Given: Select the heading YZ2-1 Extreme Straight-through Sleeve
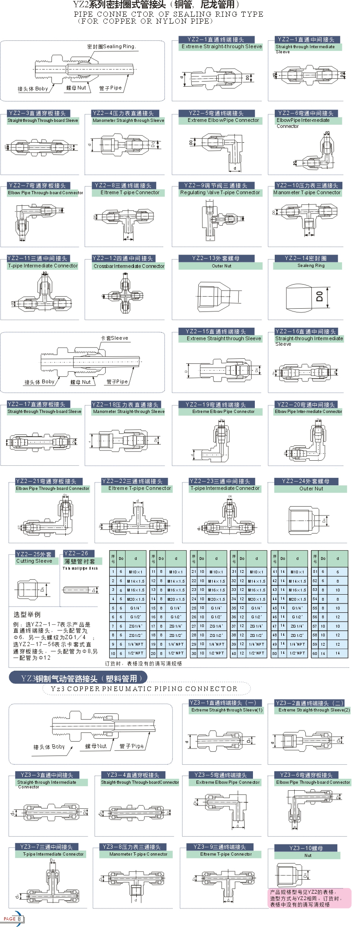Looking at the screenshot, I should coord(221,43).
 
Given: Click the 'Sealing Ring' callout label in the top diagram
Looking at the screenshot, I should coord(111,47).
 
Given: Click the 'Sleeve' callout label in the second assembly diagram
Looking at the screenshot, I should coord(114,338).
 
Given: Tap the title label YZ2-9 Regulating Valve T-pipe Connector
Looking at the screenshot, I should coord(220,189).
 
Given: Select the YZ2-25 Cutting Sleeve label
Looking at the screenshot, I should coord(35,558).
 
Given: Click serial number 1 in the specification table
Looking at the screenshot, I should coord(113,572).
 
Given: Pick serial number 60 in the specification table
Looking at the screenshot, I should coord(315,653).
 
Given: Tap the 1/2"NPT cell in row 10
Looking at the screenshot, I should coord(136,653).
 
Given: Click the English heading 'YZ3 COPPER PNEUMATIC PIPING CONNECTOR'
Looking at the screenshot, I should coord(144,689).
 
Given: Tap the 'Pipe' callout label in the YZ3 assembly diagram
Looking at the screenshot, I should coord(132,746).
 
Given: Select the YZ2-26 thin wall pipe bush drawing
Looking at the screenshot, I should coord(80,590).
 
